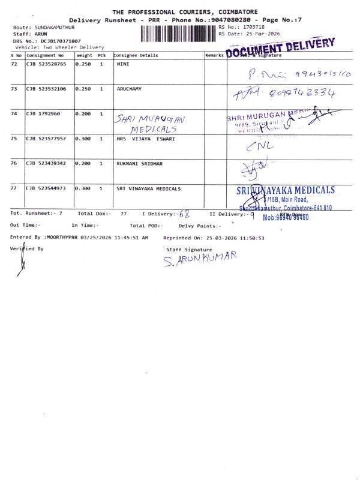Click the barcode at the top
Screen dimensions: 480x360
point(178,34)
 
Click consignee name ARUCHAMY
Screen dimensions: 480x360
point(128,88)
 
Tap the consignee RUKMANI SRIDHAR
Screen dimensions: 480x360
point(139,163)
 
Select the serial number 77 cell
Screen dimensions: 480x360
point(14,188)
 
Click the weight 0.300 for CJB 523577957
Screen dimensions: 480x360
point(83,138)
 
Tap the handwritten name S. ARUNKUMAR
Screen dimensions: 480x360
point(200,259)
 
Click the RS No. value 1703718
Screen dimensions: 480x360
point(254,27)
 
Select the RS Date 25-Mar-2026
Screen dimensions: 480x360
point(259,34)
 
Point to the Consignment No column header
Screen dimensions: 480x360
point(44,55)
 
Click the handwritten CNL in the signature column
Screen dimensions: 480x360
point(259,146)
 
